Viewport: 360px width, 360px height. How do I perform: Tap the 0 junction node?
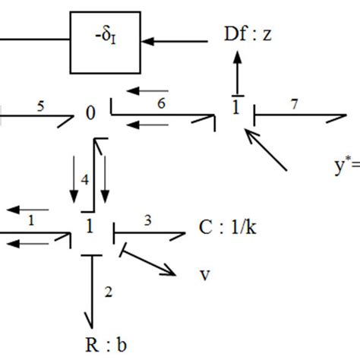tap(90, 113)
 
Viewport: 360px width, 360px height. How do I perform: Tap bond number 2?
tap(108, 289)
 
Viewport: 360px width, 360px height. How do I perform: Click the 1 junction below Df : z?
tap(235, 108)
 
